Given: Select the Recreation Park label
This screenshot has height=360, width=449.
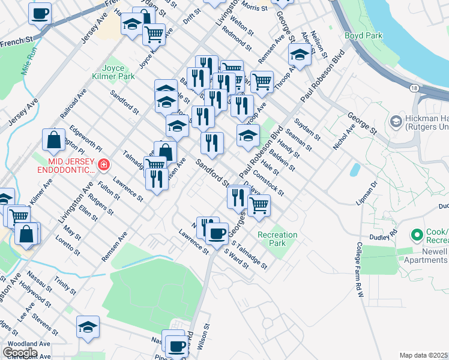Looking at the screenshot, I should pos(277,239).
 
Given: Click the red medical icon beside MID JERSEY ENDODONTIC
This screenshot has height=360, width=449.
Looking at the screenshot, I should pos(104,164).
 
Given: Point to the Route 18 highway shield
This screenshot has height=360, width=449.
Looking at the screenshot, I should pos(415,88).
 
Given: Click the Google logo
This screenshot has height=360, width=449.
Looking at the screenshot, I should pos(20,353).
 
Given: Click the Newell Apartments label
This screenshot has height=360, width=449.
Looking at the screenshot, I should pos(429,256).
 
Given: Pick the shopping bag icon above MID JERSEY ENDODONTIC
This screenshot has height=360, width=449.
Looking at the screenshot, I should pos(54,140).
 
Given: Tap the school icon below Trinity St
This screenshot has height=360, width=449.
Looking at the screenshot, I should pos(88,327).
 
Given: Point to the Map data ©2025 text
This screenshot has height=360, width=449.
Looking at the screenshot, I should pos(424,355).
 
